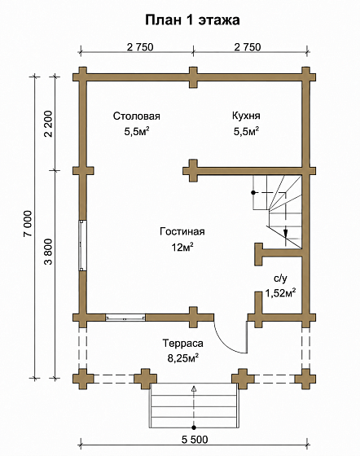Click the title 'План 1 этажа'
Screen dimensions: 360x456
click(x=192, y=20)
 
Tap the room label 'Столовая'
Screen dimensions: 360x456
click(x=136, y=116)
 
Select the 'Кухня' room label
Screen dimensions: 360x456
click(x=246, y=116)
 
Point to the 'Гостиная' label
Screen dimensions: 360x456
click(x=182, y=231)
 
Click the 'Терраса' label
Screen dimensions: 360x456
click(x=182, y=344)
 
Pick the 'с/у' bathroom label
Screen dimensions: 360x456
click(x=280, y=278)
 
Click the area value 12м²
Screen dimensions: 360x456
click(x=182, y=248)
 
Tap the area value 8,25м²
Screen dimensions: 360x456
click(x=183, y=358)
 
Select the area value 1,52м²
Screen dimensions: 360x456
click(x=280, y=293)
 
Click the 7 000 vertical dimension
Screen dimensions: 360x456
click(x=29, y=223)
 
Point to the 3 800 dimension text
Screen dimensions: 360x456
click(x=49, y=252)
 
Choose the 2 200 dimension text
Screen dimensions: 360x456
click(x=49, y=124)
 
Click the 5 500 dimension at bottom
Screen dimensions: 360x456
click(x=195, y=440)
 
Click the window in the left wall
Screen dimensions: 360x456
click(x=82, y=245)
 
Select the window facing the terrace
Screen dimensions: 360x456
click(x=125, y=318)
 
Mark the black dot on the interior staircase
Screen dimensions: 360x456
click(x=253, y=192)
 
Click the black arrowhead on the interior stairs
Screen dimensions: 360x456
click(x=286, y=233)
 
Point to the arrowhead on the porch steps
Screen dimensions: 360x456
click(x=194, y=388)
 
